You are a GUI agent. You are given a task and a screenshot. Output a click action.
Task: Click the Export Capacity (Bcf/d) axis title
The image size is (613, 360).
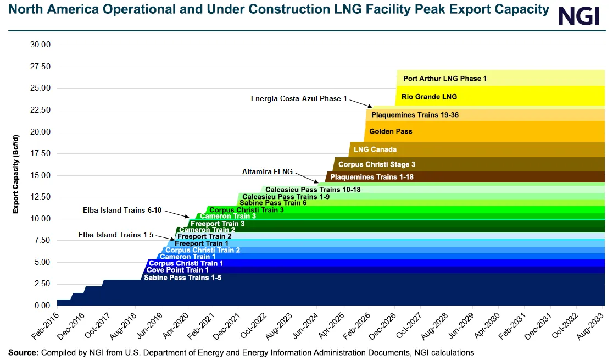coord(16,174)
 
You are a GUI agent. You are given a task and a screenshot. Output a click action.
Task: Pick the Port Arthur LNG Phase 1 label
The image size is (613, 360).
coord(444,79)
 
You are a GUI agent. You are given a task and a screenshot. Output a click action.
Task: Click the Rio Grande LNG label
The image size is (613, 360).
coord(429,97)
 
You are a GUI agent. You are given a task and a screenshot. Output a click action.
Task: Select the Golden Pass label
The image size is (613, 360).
coord(391,131)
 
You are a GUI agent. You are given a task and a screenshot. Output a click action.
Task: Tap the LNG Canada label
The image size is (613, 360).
coord(375,149)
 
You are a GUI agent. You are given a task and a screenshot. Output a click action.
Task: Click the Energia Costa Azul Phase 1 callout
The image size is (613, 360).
coord(299,99)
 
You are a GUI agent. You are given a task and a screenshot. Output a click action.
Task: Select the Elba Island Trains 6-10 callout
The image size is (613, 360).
coord(122,210)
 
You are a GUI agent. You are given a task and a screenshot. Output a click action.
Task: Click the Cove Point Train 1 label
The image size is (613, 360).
coord(177,270)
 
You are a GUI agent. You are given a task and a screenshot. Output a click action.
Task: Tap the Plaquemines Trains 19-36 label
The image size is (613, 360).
coord(415,115)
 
